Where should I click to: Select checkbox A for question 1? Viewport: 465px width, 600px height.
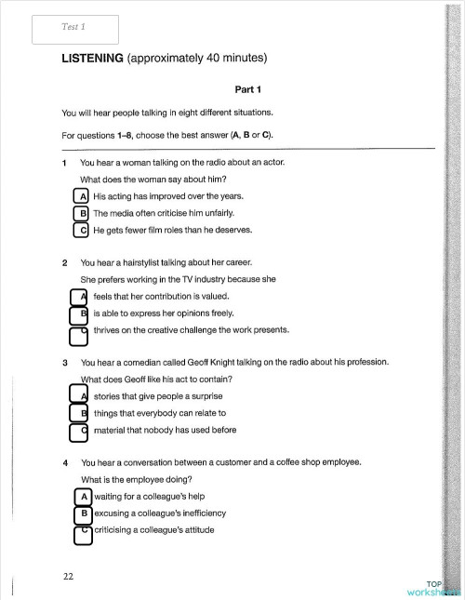pyautogui.click(x=82, y=197)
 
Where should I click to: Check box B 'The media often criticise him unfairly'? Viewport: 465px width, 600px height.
pyautogui.click(x=82, y=214)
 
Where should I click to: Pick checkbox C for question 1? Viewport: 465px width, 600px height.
pyautogui.click(x=82, y=231)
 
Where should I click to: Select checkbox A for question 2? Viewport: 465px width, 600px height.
pyautogui.click(x=78, y=297)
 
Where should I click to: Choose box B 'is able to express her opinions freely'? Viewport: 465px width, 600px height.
pyautogui.click(x=78, y=313)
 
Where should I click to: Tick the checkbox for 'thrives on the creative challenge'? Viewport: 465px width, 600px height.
pyautogui.click(x=78, y=331)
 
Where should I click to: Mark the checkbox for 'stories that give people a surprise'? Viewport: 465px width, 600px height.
pyautogui.click(x=78, y=396)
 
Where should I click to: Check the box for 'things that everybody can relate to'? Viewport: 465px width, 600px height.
pyautogui.click(x=78, y=413)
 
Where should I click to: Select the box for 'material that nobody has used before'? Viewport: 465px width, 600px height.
pyautogui.click(x=78, y=431)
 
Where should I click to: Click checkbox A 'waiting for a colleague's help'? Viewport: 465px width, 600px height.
pyautogui.click(x=82, y=496)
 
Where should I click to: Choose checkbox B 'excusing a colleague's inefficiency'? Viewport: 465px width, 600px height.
pyautogui.click(x=82, y=513)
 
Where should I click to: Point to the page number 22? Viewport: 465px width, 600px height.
pyautogui.click(x=68, y=576)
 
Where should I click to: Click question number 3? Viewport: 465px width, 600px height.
pyautogui.click(x=64, y=362)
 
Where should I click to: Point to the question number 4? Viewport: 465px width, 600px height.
pyautogui.click(x=64, y=462)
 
